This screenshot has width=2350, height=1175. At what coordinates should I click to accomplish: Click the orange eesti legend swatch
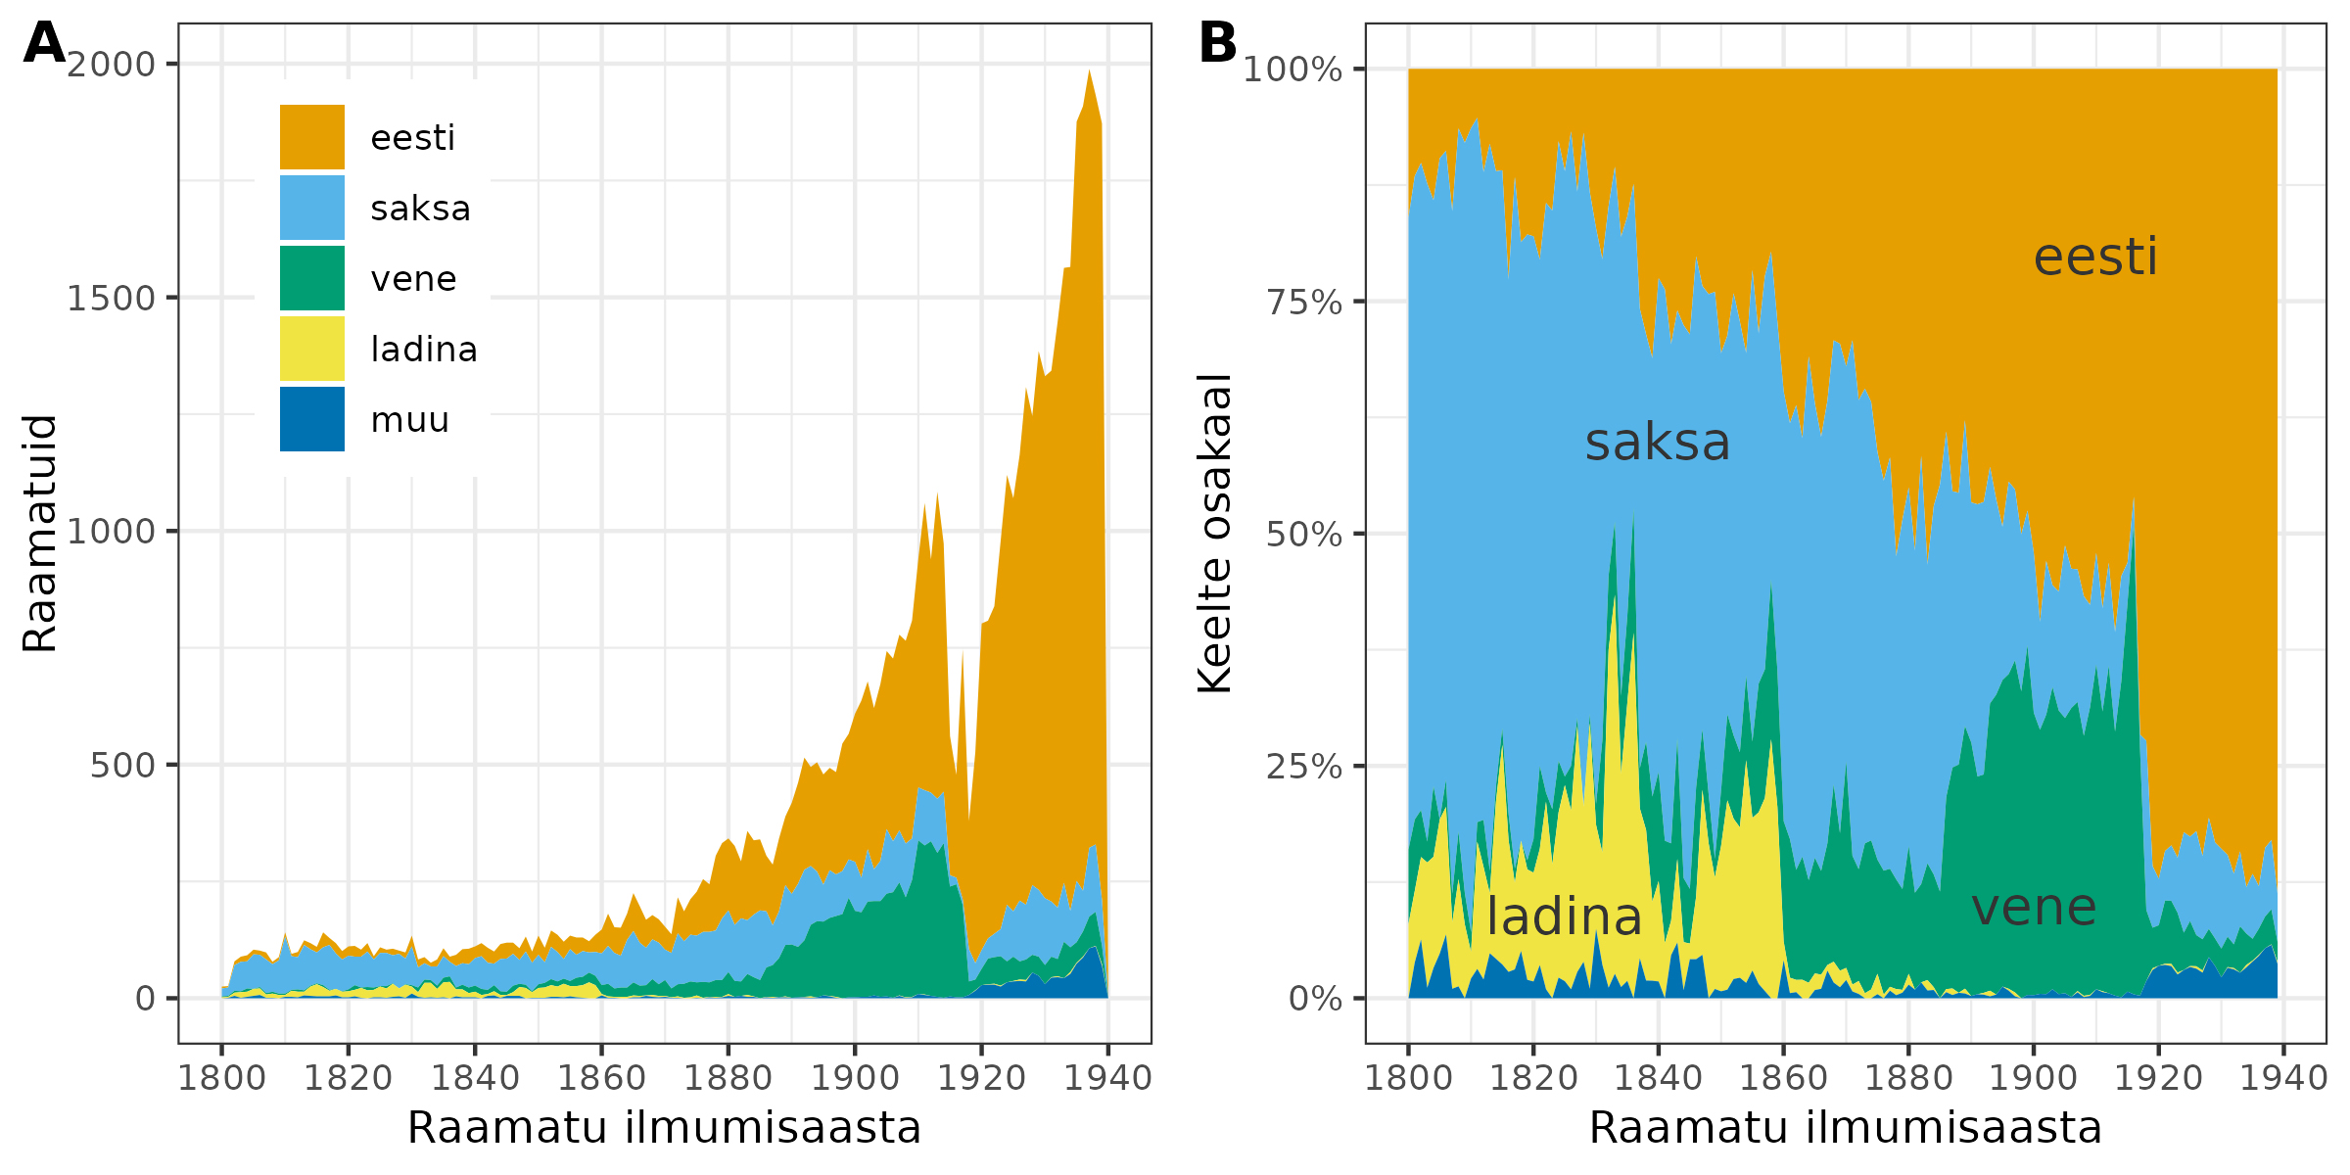tap(311, 137)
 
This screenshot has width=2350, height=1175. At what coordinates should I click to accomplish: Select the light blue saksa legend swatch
tap(311, 208)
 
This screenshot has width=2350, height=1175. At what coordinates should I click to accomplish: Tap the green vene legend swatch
tap(311, 278)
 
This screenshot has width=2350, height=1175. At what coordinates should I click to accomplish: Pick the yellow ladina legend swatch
tap(311, 349)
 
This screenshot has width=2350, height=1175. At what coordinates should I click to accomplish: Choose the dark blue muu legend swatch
tap(311, 419)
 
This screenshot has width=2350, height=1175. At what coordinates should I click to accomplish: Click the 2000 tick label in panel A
tap(112, 65)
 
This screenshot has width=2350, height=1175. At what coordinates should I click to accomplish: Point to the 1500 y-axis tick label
tap(112, 299)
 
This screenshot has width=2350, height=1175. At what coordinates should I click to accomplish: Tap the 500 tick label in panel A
tap(122, 766)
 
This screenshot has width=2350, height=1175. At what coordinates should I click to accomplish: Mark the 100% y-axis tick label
tap(1292, 70)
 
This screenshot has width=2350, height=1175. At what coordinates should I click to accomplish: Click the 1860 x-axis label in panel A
tap(601, 1078)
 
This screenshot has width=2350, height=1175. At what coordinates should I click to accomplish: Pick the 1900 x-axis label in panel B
tap(2034, 1078)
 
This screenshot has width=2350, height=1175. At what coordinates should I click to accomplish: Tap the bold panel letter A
tap(44, 44)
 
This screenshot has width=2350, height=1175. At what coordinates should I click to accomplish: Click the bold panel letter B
tap(1217, 44)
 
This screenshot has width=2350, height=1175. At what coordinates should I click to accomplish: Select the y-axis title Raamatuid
tap(40, 533)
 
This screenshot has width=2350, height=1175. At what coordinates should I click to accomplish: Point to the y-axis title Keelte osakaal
tap(1215, 533)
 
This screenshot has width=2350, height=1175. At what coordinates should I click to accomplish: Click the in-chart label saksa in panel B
tap(1658, 443)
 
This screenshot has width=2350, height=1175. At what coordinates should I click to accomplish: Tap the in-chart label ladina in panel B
tap(1564, 917)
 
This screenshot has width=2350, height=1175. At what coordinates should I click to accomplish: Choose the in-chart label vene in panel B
tap(2034, 908)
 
